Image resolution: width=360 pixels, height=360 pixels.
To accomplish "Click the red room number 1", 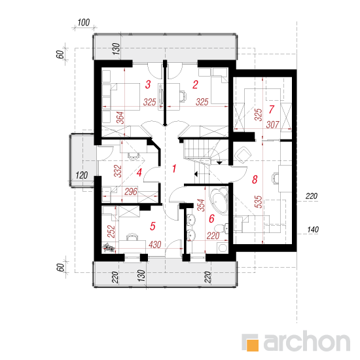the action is click(x=174, y=168).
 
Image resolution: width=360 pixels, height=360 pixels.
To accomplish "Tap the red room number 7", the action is click(x=272, y=109).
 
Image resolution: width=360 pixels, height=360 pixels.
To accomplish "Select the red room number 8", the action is click(x=255, y=179).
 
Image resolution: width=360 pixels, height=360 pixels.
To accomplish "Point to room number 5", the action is click(x=153, y=226).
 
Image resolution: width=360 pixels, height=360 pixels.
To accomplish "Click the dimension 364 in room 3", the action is click(x=120, y=118).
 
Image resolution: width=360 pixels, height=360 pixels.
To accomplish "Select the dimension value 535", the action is click(x=259, y=202).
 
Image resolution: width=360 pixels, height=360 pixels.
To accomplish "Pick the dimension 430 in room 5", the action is click(x=154, y=245).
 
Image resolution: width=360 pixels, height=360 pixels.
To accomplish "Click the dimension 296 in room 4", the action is click(x=131, y=192).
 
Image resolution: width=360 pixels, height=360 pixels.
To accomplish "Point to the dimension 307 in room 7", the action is click(x=272, y=124).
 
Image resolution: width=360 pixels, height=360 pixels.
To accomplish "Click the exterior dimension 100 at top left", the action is click(x=84, y=23).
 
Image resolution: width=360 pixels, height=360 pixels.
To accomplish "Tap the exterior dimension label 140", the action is click(x=313, y=229).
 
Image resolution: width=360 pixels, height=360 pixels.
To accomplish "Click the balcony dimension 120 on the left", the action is click(x=82, y=175).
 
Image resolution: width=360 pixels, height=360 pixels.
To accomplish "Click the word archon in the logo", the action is click(x=307, y=341).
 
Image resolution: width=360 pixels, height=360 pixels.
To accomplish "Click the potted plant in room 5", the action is click(x=109, y=248).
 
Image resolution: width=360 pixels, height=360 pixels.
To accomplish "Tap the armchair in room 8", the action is click(x=242, y=154).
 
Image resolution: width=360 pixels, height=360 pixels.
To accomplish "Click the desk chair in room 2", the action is click(x=183, y=96).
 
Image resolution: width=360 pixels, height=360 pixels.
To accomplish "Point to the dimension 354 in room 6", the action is click(x=200, y=206).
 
